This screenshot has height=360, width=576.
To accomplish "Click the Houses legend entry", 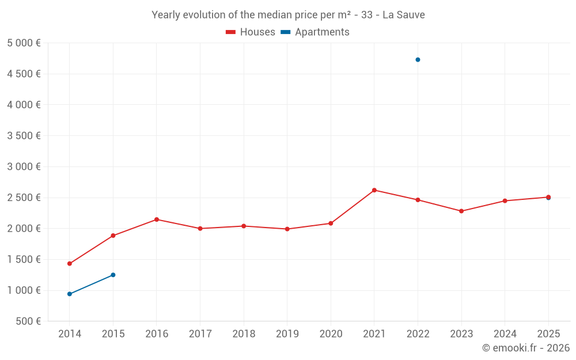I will [x=251, y=32].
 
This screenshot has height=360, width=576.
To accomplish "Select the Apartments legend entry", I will [x=315, y=32].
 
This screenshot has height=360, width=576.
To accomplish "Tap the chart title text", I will [x=288, y=15].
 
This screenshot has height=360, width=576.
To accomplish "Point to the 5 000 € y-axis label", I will [x=24, y=43].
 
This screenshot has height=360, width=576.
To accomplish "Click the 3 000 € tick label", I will [x=24, y=166].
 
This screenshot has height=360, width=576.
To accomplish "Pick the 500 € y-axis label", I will [x=28, y=321].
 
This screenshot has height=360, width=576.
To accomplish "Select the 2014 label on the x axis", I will [x=70, y=334].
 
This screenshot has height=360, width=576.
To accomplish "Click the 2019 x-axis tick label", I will [x=287, y=334].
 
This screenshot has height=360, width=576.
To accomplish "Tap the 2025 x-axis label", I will [x=548, y=334].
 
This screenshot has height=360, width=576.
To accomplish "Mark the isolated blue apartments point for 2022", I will [x=418, y=60].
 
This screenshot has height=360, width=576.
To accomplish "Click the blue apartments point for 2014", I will [x=70, y=294].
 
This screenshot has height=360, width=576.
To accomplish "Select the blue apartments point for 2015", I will [x=113, y=275].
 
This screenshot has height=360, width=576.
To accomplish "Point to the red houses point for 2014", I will [x=70, y=264].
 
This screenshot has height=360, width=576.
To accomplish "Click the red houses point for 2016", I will [x=157, y=219].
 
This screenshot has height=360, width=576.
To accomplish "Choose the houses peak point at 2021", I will [x=374, y=190].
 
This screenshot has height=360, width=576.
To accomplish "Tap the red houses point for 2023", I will [x=461, y=211].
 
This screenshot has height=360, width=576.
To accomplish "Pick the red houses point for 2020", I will [x=331, y=223].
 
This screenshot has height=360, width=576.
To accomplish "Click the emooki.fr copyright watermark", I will [x=526, y=348].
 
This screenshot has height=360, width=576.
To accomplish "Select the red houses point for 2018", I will [x=244, y=226].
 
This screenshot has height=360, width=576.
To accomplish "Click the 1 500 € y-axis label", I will [x=24, y=259].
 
